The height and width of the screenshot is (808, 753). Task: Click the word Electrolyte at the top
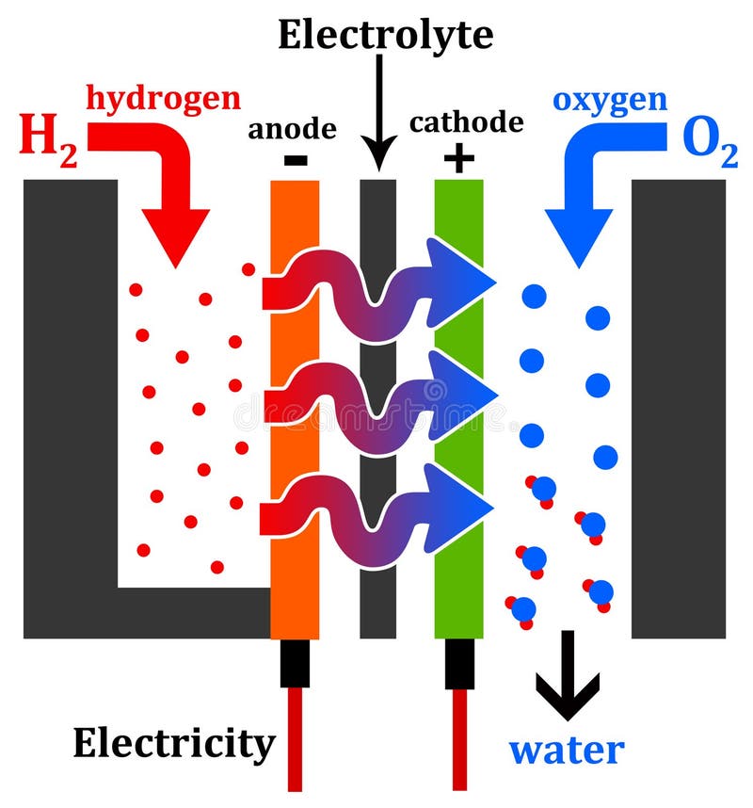[385, 35]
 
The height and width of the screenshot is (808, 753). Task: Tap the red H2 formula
[48, 138]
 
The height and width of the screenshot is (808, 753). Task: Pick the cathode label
[466, 122]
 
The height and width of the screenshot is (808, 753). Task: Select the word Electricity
[174, 743]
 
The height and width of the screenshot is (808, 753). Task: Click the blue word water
[567, 751]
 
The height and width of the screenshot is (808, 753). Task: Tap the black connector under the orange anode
[295, 663]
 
